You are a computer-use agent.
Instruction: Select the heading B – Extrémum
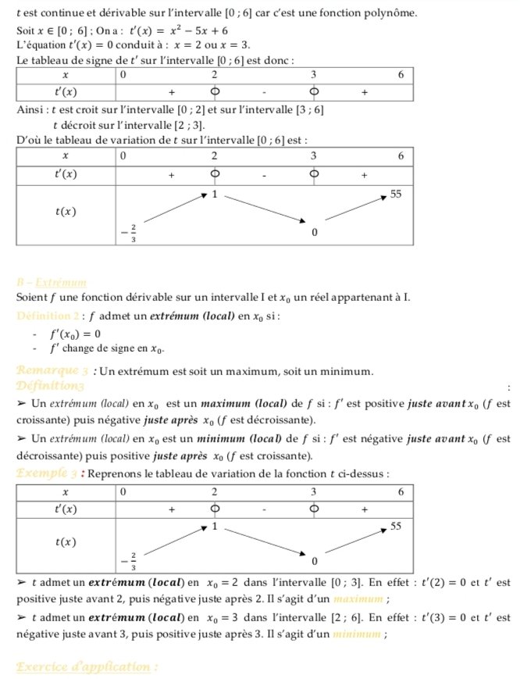(x=51, y=282)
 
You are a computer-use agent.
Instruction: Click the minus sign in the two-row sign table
(x=265, y=92)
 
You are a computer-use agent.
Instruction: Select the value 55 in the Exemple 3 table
(x=396, y=527)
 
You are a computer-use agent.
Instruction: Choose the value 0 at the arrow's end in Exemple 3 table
(x=314, y=562)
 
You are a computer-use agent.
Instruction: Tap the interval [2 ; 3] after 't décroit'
(x=186, y=125)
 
